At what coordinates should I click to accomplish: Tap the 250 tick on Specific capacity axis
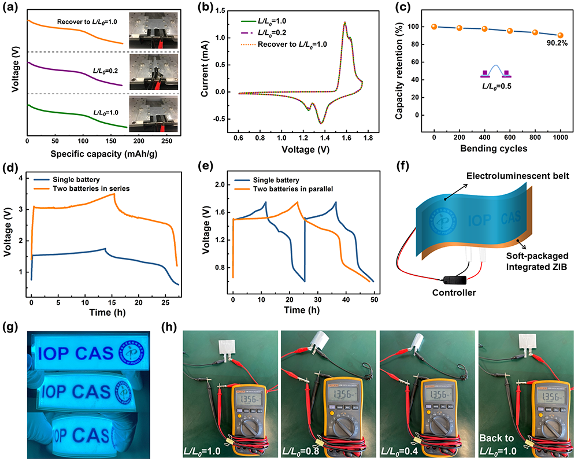149,141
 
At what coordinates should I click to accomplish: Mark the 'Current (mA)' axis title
205,66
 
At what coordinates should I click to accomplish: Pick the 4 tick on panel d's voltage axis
23,178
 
